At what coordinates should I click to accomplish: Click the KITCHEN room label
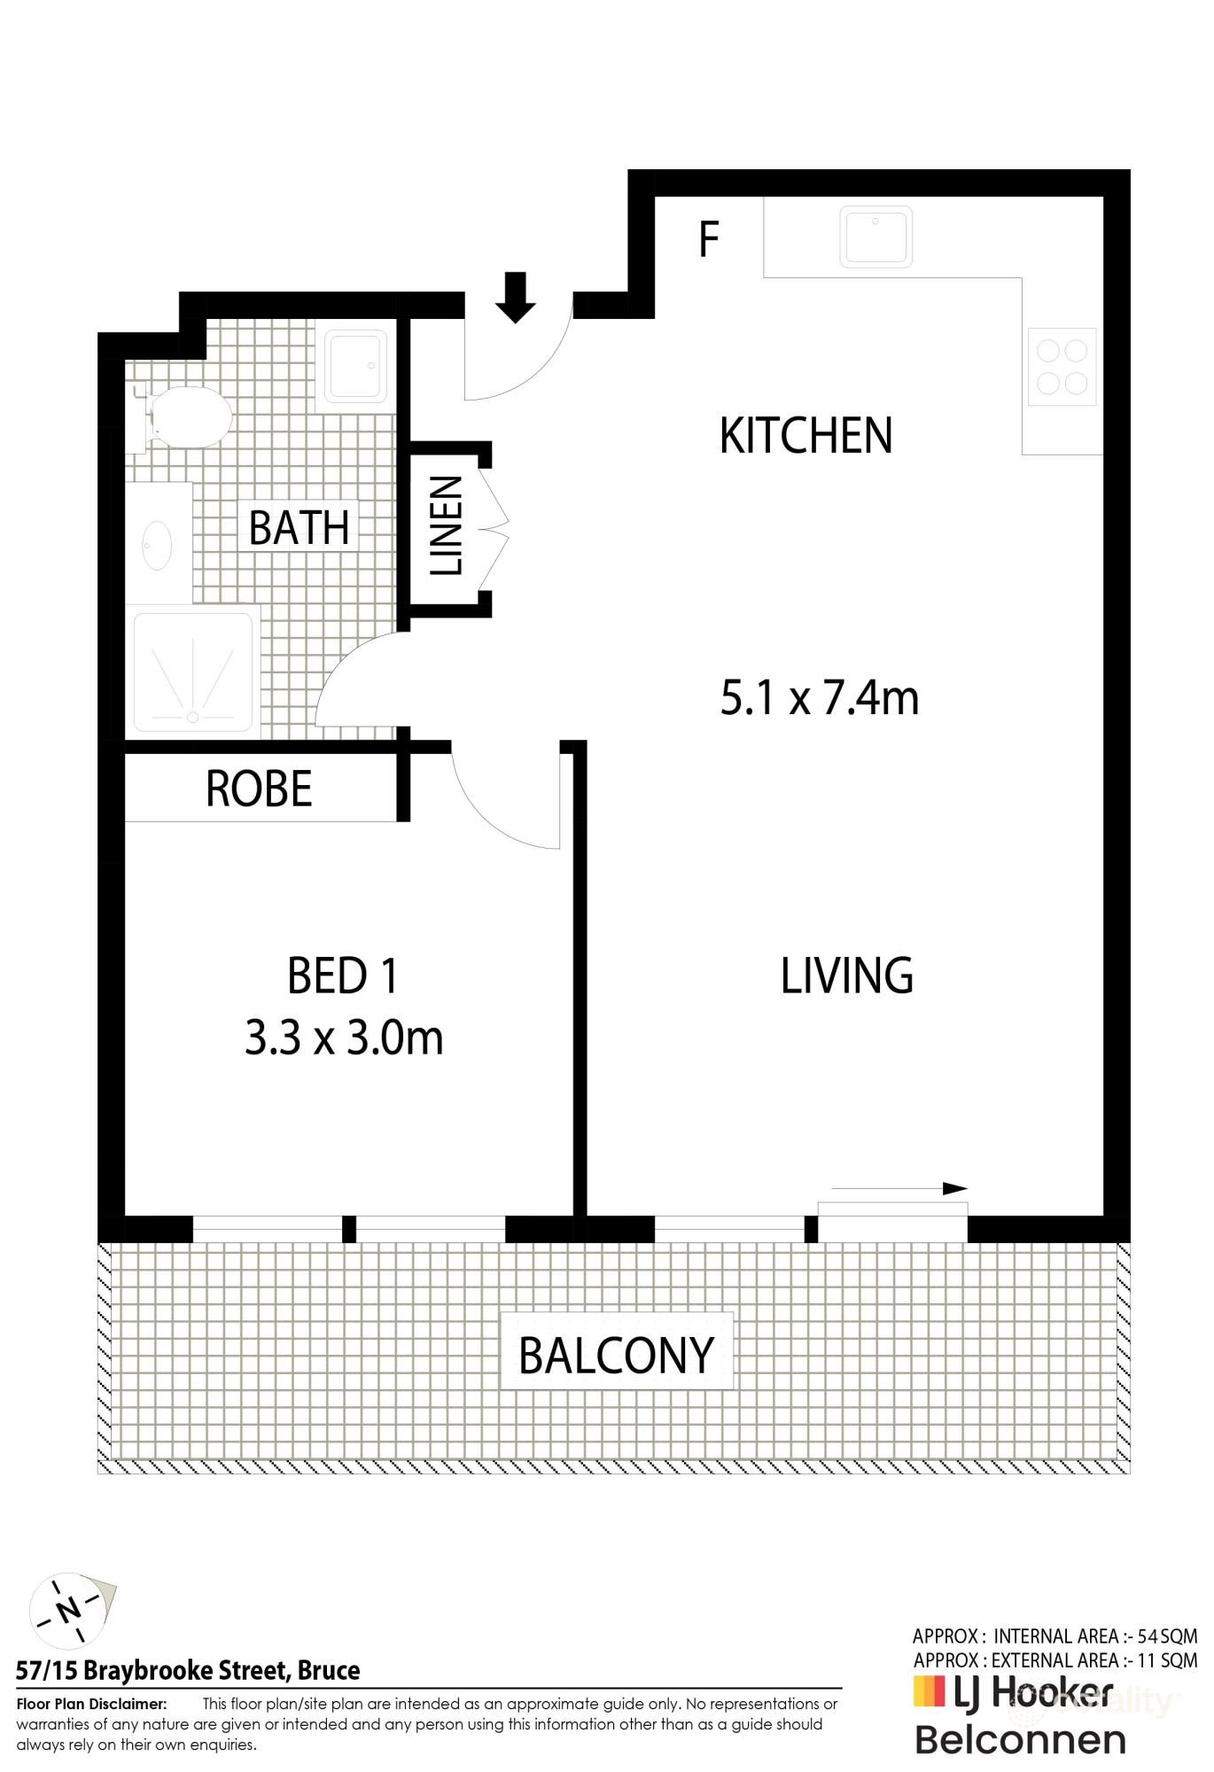805,435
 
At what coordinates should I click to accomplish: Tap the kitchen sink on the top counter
875,237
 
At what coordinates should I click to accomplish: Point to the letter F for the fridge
708,239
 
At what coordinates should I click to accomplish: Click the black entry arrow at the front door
515,298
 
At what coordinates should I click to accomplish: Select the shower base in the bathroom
192,672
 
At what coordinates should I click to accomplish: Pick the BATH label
299,528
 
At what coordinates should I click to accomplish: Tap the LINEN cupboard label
447,525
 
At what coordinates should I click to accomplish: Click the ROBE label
259,789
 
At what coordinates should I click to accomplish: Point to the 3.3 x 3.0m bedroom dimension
344,1038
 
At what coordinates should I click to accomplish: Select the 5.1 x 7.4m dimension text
819,698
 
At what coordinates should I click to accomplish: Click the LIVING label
846,975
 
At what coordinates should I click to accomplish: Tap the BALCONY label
616,1356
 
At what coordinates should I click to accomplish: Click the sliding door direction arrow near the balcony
899,1188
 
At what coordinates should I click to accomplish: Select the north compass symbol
67,1609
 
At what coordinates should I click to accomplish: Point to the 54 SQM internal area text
1161,1636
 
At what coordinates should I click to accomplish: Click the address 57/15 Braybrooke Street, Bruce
188,1671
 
